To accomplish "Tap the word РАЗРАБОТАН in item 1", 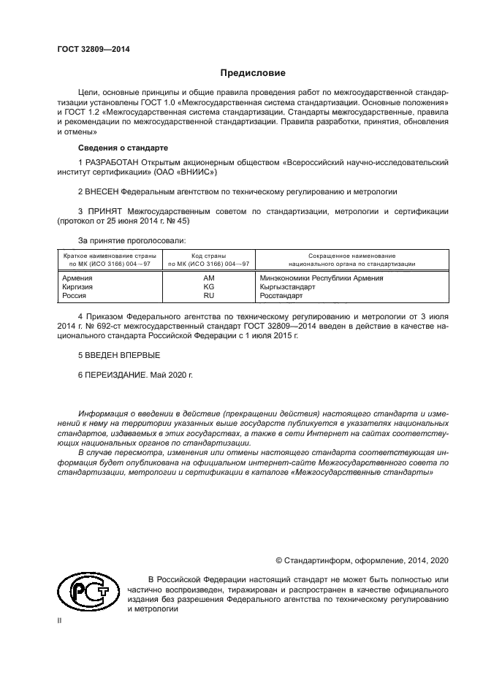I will pyautogui.click(x=113, y=161).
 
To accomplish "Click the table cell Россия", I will pyautogui.click(x=75, y=296).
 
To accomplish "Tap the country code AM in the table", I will pyautogui.click(x=209, y=278).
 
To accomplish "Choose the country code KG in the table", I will pyautogui.click(x=209, y=287).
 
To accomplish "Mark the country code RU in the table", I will pyautogui.click(x=209, y=296).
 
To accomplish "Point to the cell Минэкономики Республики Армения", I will pyautogui.click(x=322, y=278).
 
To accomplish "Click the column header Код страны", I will pyautogui.click(x=209, y=256).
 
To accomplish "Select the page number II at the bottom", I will pyautogui.click(x=61, y=621).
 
